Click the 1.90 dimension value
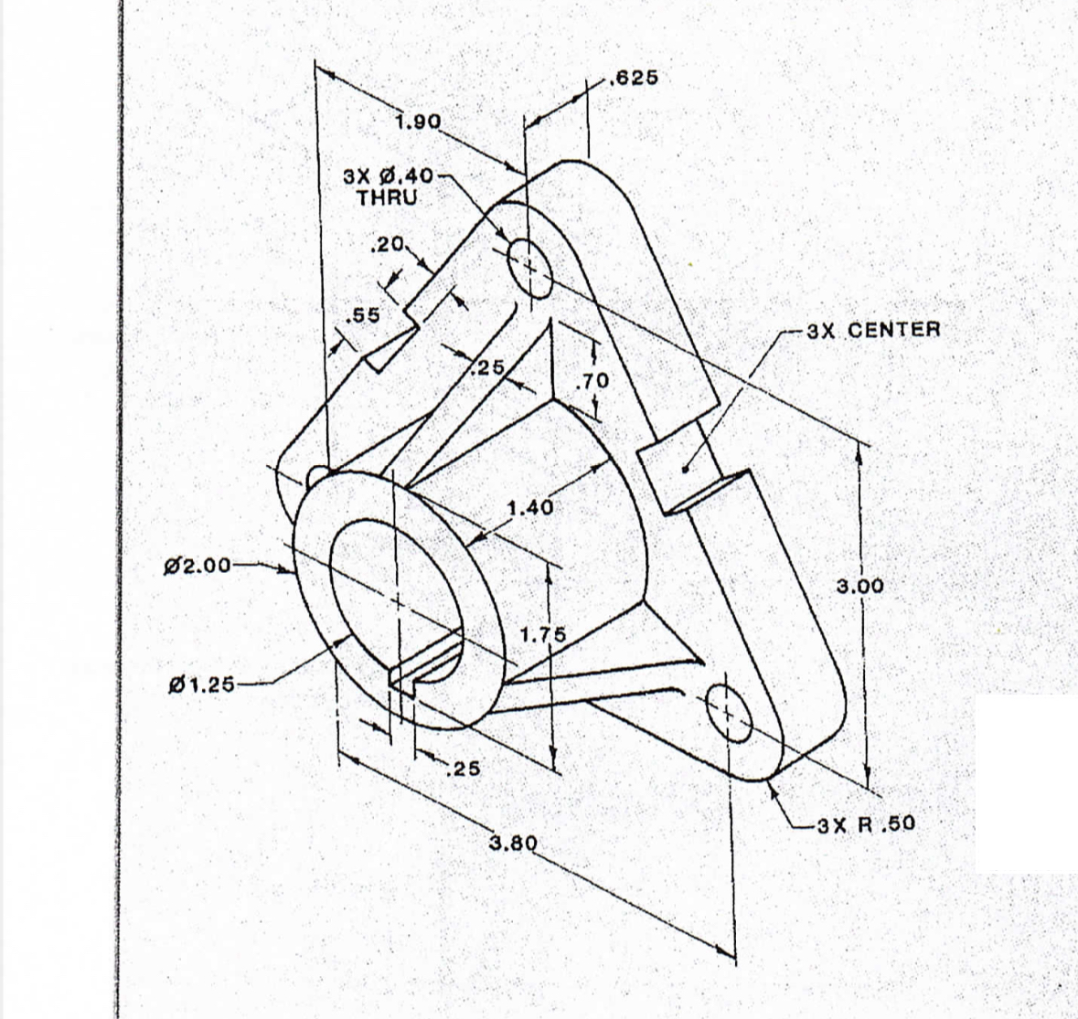click(x=418, y=122)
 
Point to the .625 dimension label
click(x=633, y=79)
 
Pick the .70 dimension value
click(x=595, y=378)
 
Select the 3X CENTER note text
click(x=873, y=330)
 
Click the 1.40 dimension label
click(x=529, y=508)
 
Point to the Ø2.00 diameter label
click(x=197, y=566)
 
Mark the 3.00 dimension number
click(x=860, y=586)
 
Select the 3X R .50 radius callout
click(x=865, y=824)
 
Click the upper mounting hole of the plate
click(x=530, y=267)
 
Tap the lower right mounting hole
click(x=729, y=711)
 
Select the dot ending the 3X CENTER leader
click(x=686, y=469)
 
